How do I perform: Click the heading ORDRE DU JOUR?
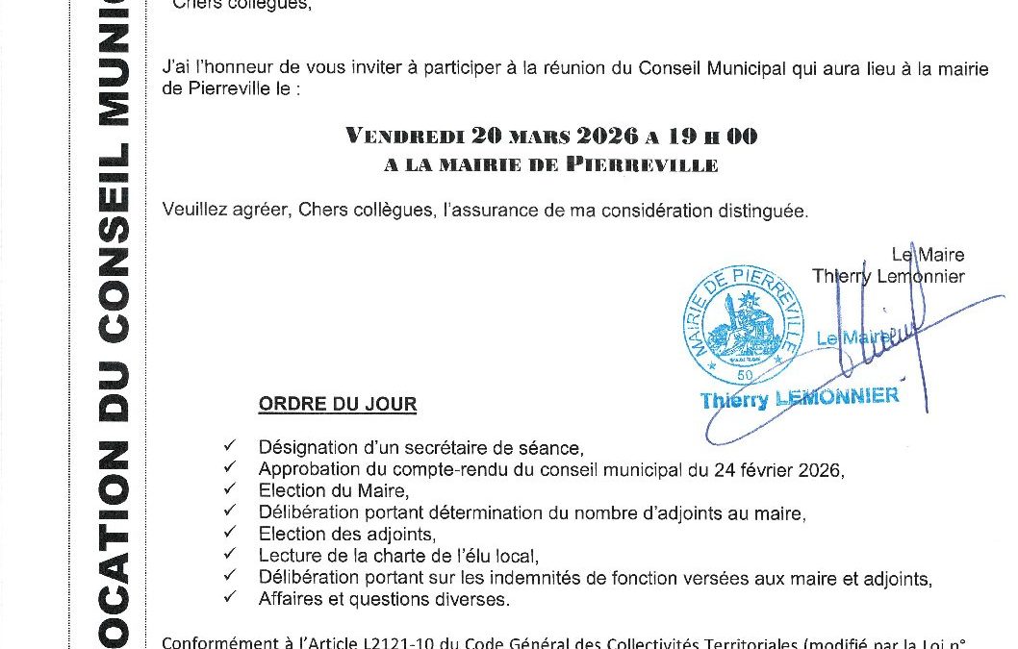click(x=337, y=404)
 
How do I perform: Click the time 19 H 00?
click(x=707, y=136)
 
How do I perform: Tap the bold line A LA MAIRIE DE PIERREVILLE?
click(x=550, y=165)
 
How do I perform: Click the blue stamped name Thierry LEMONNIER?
click(x=800, y=397)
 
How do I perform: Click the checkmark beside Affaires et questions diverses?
click(x=228, y=597)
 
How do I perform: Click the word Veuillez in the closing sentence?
click(x=192, y=211)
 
